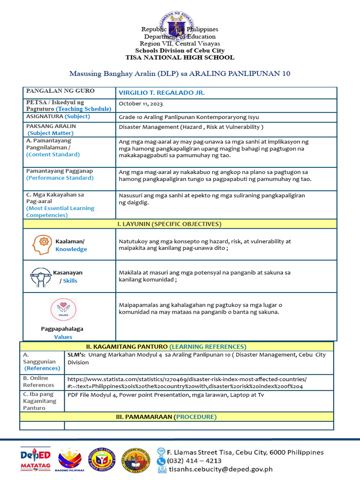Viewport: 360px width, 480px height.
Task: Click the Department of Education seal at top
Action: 180,27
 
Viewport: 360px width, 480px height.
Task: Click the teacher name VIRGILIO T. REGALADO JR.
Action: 162,93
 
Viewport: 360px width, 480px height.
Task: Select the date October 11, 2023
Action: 141,104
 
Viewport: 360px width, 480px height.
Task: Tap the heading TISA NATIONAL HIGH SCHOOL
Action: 180,58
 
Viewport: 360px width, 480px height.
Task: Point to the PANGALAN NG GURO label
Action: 60,91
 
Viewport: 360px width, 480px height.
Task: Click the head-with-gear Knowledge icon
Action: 42,245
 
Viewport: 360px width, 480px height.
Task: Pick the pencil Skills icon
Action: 41,277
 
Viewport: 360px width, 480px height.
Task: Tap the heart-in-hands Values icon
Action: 63,310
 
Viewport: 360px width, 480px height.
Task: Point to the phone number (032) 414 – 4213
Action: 195,461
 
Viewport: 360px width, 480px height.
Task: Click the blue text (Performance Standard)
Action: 60,178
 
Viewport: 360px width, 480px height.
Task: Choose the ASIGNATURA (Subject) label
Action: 58,116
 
